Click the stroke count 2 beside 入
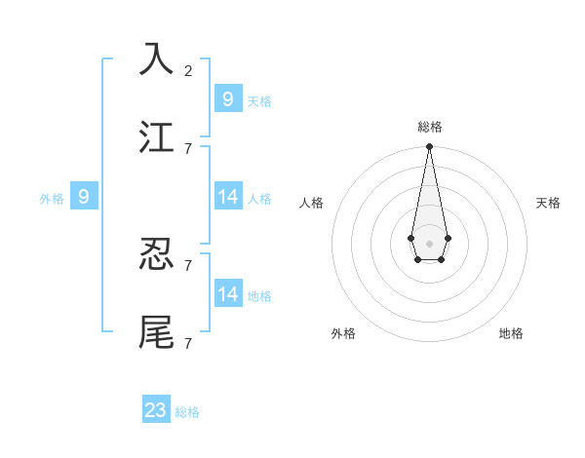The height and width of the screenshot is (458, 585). click(188, 70)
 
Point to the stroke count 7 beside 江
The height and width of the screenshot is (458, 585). click(188, 148)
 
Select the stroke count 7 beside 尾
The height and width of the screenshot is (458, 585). click(188, 343)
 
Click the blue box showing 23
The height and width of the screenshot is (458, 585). click(156, 410)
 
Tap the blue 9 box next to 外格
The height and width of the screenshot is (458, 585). click(84, 197)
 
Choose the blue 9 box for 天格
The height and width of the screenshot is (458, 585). click(228, 98)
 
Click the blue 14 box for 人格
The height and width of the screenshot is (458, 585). click(228, 197)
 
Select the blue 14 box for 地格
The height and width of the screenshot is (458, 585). click(228, 293)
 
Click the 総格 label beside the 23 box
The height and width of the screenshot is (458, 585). click(187, 412)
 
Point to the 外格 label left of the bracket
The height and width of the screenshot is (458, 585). click(52, 199)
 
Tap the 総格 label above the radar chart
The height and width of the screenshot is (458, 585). click(430, 127)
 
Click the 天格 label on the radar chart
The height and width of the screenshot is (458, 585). click(548, 203)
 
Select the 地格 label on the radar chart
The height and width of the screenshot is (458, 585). click(511, 333)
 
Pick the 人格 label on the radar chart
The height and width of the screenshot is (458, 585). click(312, 203)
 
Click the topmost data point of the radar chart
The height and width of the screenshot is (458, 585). click(429, 146)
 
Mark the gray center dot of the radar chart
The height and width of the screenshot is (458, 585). click(429, 243)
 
